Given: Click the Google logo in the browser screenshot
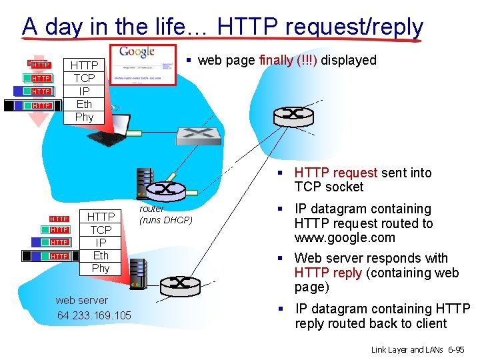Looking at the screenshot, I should [138, 52].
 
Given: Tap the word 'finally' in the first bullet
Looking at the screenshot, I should [275, 61].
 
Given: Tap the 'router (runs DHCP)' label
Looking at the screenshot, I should [165, 215].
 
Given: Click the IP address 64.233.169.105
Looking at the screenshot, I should [94, 315].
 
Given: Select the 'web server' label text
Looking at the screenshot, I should [82, 300].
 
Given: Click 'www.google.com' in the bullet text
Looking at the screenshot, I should [345, 238].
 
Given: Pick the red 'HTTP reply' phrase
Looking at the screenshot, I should [328, 273].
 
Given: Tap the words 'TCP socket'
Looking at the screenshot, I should [329, 187].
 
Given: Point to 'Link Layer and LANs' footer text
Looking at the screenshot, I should [407, 349].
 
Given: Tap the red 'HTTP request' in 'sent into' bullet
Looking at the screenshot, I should [336, 173].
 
